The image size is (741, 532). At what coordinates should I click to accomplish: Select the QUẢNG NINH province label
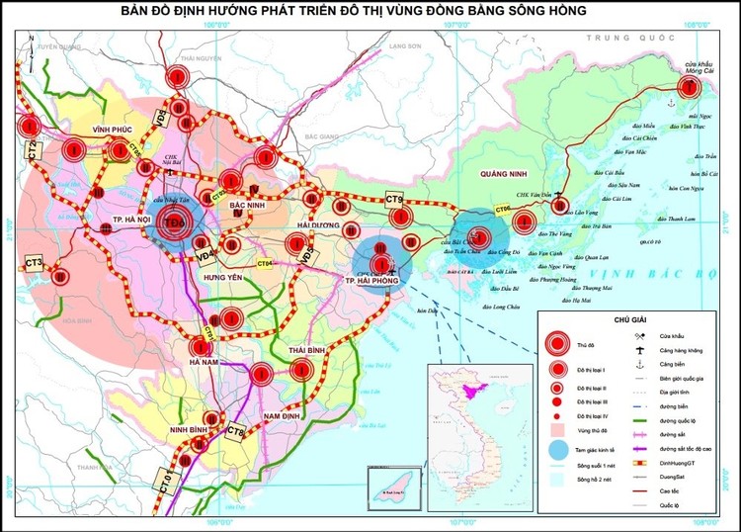(x=501, y=173)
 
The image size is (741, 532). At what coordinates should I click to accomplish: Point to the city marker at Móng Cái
(x=692, y=86)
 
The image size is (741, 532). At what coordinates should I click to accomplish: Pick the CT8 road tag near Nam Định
(x=235, y=431)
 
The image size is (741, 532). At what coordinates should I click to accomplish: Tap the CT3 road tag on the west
(x=35, y=263)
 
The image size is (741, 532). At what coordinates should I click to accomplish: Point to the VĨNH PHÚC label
(x=99, y=130)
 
